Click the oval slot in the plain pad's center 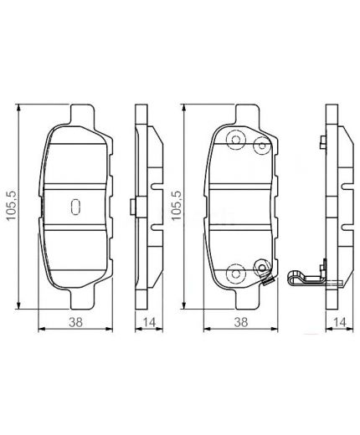(x=75, y=206)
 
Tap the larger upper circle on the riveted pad (x=235, y=140)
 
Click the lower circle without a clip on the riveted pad (x=235, y=272)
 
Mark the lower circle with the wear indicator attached (x=260, y=269)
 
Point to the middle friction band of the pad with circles (x=243, y=206)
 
